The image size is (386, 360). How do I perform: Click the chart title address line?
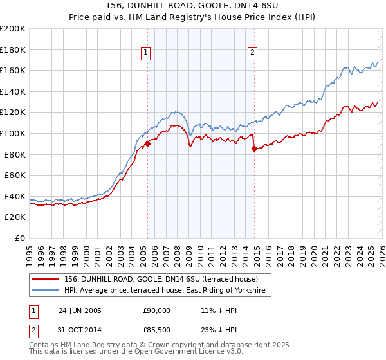(193, 6)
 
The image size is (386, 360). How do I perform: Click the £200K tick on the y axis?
(13, 29)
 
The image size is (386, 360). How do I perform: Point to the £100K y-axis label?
(13, 133)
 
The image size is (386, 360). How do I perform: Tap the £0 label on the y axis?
(21, 238)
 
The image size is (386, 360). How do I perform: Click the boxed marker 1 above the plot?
(147, 53)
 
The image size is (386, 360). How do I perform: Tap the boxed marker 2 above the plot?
(253, 53)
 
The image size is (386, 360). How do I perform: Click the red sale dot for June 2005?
(147, 143)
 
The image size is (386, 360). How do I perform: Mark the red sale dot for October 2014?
(254, 148)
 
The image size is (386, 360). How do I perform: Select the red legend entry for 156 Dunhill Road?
(161, 279)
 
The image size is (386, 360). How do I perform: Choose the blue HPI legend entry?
(167, 291)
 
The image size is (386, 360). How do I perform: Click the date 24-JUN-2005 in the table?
(81, 310)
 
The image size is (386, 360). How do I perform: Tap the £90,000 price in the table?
(157, 310)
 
